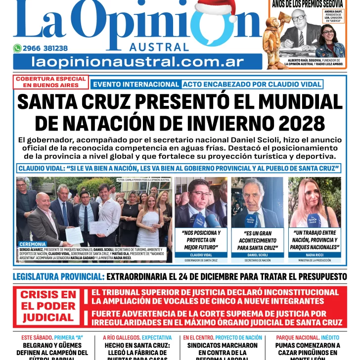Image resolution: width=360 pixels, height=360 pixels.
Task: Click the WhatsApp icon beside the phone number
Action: point(17,48)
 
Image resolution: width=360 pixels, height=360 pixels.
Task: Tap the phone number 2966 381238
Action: point(45,48)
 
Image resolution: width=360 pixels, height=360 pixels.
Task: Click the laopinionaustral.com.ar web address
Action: point(137,62)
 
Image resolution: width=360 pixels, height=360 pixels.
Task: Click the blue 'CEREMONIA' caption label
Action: point(33,244)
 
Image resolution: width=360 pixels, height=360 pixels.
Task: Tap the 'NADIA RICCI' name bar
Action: point(314,255)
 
